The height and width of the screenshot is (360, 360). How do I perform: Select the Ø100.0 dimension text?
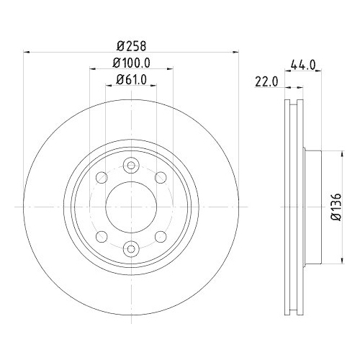pyautogui.click(x=130, y=62)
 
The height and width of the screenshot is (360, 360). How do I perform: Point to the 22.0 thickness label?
pyautogui.click(x=266, y=81)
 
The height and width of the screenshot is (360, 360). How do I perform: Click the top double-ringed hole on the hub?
pyautogui.click(x=130, y=166)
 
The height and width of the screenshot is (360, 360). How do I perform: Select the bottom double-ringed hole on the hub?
pyautogui.click(x=130, y=249)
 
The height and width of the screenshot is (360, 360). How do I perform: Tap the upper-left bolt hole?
pyautogui.click(x=102, y=177)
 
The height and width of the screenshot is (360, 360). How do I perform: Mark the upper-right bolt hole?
pyautogui.click(x=159, y=177)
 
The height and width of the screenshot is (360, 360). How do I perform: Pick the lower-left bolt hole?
pyautogui.click(x=102, y=236)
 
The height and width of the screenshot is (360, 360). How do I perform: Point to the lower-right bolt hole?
pyautogui.click(x=159, y=236)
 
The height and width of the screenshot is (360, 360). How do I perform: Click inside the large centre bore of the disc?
pyautogui.click(x=130, y=207)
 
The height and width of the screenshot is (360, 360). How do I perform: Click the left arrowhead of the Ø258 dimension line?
pyautogui.click(x=27, y=51)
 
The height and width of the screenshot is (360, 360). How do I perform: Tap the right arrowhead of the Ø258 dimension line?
pyautogui.click(x=235, y=51)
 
